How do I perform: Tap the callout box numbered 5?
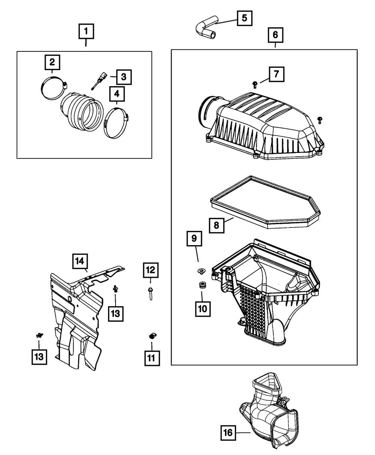pos(244,18)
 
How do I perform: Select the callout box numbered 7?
pos(276,74)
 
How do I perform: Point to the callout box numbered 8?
pos(217,225)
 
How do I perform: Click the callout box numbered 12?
pos(150,269)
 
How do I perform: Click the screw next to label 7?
pos(255,84)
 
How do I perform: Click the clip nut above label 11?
pos(152,336)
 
